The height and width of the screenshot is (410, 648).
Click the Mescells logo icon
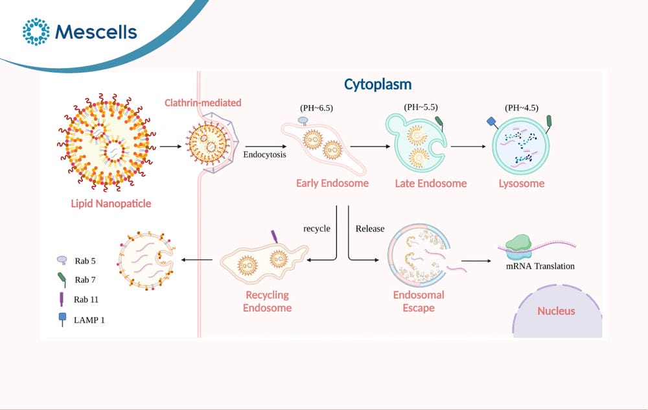(x=36, y=31)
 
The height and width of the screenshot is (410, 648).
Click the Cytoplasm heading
(x=378, y=84)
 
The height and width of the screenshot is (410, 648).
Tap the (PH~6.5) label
(x=317, y=108)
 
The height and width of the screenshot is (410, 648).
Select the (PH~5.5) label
(x=421, y=107)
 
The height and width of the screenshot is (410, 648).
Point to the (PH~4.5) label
(x=522, y=108)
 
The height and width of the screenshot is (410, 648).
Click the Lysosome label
(x=522, y=184)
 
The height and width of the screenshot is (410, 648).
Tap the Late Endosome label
(x=431, y=184)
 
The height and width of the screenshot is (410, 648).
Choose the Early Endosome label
(x=332, y=184)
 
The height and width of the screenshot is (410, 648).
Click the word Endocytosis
(x=264, y=155)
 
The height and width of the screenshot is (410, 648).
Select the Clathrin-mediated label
(x=203, y=102)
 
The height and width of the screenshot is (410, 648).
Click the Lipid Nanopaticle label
(x=111, y=204)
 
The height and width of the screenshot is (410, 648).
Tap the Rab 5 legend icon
(x=62, y=260)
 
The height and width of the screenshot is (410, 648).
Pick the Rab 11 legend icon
(x=62, y=299)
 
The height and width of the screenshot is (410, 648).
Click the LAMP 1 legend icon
(x=62, y=319)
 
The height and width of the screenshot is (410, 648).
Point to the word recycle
(x=317, y=229)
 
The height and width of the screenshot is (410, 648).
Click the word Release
(x=370, y=229)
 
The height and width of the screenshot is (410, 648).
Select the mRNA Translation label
(x=540, y=266)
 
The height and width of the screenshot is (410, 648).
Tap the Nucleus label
(x=556, y=311)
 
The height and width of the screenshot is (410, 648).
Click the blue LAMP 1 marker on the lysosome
(x=492, y=121)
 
